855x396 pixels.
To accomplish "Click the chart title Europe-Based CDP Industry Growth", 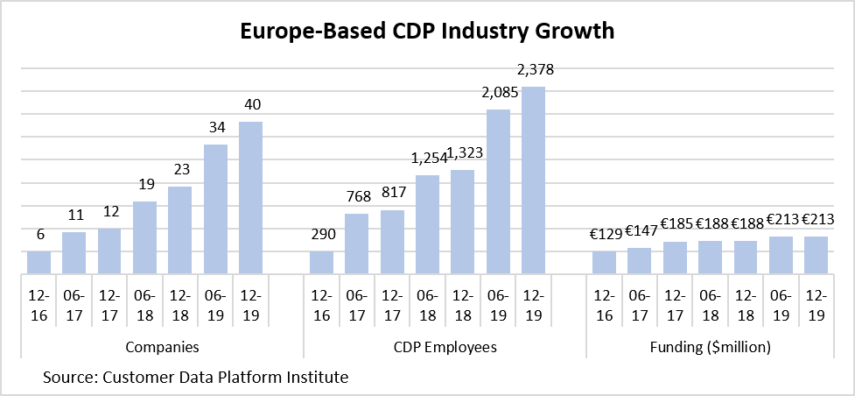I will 428,32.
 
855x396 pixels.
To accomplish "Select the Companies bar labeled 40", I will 250,198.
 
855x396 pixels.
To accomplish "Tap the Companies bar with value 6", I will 39,263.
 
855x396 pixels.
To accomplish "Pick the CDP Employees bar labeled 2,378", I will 534,180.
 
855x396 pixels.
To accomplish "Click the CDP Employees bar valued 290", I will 321,263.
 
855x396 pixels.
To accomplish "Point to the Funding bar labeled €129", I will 604,263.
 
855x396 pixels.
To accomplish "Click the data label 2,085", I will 498,92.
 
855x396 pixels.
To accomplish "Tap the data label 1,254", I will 427,158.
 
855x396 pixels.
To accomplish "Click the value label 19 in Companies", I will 144,184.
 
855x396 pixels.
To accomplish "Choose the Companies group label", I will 162,347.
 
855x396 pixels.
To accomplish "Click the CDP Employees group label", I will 445,347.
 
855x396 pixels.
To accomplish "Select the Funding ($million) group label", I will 710,347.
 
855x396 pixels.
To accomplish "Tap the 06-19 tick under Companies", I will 215,303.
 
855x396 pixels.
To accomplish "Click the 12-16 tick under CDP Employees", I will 321,303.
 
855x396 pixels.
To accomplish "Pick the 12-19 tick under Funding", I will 816,303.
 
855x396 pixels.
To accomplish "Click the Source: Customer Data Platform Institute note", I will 195,378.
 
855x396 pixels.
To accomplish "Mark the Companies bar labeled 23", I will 180,230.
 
